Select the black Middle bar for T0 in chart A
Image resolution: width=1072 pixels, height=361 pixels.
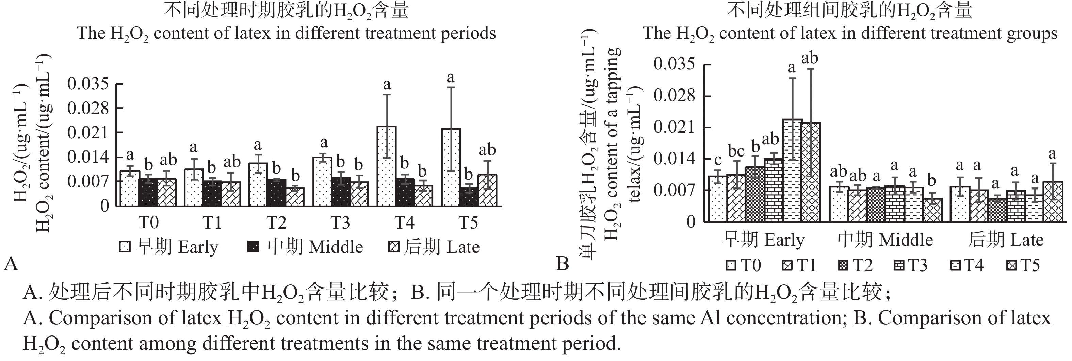coord(148,192)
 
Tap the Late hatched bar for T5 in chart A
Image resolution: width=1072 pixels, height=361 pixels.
coord(487,190)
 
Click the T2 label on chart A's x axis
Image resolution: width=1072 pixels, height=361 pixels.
coord(276,223)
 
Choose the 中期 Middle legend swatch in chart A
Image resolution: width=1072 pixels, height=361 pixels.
coord(253,247)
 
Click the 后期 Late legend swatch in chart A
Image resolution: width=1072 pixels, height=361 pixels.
coord(394,247)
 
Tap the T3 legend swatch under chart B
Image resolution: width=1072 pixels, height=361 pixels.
coord(898,265)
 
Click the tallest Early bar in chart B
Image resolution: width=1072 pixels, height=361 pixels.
coord(792,170)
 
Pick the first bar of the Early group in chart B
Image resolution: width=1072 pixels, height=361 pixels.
coord(717,199)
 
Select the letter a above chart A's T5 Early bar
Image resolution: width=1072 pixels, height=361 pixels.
coord(450,78)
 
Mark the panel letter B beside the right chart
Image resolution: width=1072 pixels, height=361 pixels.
coord(563,263)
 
